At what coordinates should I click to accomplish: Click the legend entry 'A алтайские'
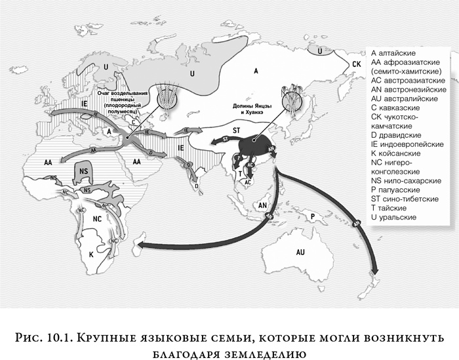pyautogui.click(x=397, y=52)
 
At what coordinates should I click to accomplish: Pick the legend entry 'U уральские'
pyautogui.click(x=398, y=217)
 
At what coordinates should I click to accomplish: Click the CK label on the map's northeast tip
pyautogui.click(x=357, y=64)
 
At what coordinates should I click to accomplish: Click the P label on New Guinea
pyautogui.click(x=313, y=214)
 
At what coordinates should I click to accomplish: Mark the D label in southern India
pyautogui.click(x=197, y=184)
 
